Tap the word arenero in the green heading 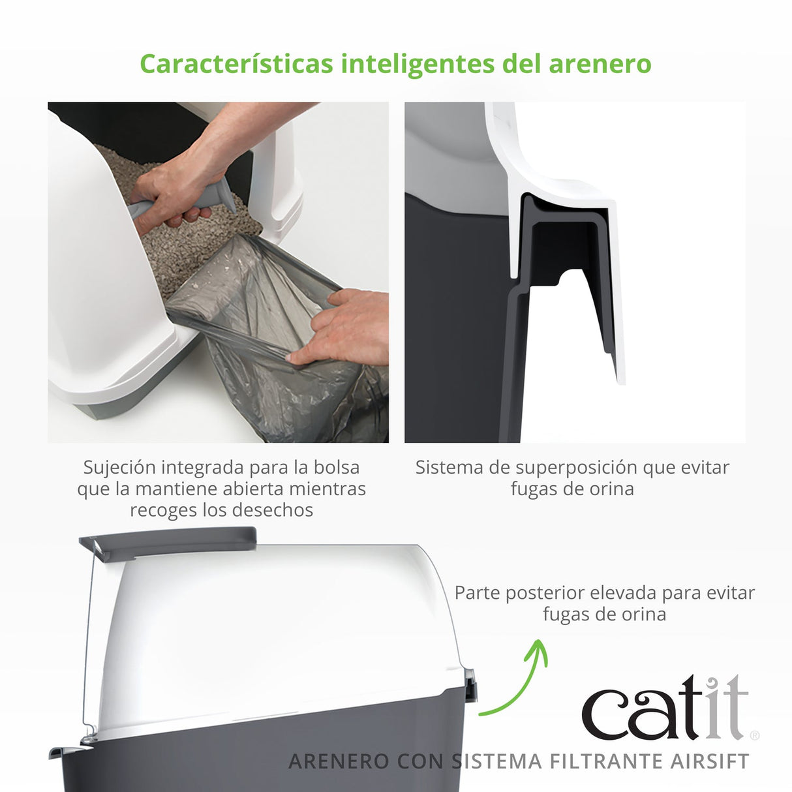pyautogui.click(x=600, y=65)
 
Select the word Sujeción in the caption pyautogui.click(x=119, y=468)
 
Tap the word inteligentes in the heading pyautogui.click(x=418, y=65)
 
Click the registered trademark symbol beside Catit pyautogui.click(x=755, y=735)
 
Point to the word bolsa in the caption pyautogui.click(x=336, y=468)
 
